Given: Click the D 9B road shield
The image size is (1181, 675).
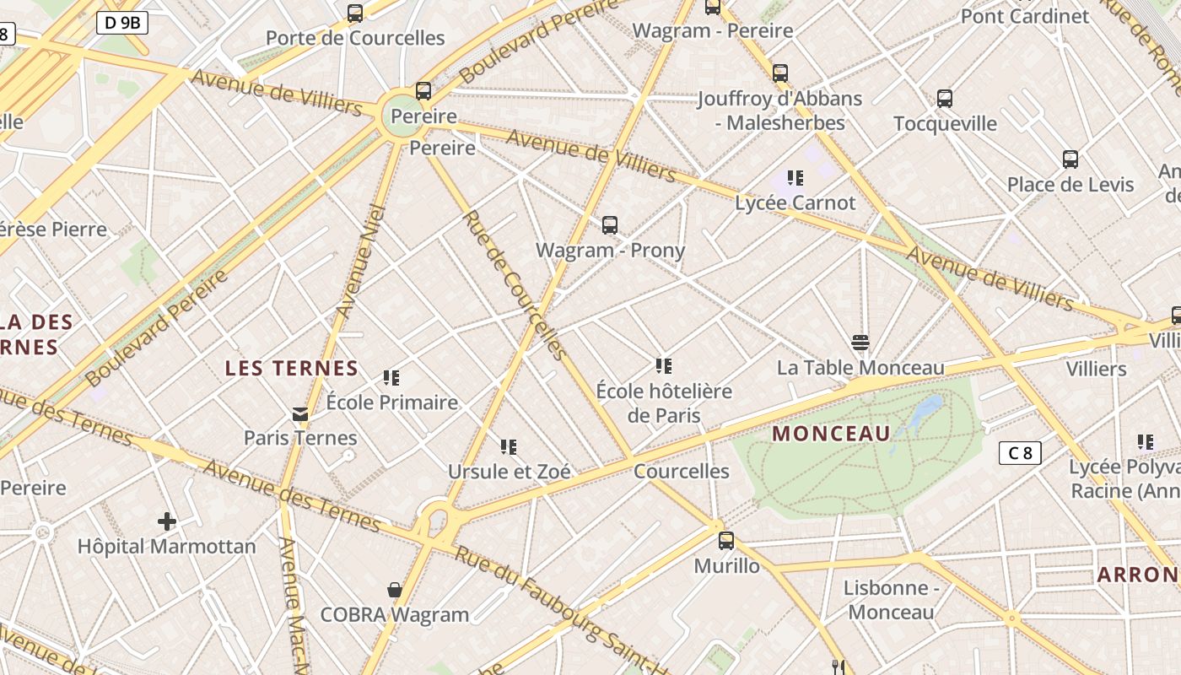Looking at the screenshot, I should point(122,23).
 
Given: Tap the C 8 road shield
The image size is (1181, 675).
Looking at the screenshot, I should point(1020,453).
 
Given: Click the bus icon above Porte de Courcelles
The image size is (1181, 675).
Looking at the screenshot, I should point(355,13).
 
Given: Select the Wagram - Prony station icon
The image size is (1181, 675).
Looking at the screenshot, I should point(610,225).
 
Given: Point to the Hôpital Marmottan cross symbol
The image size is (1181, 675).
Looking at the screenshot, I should point(167,521).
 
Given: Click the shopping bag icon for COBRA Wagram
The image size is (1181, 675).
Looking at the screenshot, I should point(394,589).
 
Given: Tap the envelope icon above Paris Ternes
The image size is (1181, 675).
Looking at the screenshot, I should point(300,413).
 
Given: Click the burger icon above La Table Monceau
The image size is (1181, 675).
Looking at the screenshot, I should point(860,343).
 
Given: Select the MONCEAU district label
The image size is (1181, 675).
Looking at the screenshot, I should point(831,434).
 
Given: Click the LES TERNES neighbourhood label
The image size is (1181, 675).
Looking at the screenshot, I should point(292,369).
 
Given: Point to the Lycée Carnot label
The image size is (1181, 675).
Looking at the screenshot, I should point(795,202).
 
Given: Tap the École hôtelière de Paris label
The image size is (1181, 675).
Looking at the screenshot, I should point(664,403).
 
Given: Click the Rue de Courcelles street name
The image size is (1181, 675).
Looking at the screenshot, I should point(513,285).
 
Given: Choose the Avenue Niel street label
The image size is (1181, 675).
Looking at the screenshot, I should point(360,261).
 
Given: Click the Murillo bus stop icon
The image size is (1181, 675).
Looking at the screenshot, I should point(726,541).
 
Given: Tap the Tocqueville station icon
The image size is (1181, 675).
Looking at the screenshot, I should point(945,99).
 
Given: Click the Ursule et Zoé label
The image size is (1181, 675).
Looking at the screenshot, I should point(509,472).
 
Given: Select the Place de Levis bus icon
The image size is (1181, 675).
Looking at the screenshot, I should point(1070,159).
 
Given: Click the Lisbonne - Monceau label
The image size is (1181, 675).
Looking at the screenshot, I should point(891,600).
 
